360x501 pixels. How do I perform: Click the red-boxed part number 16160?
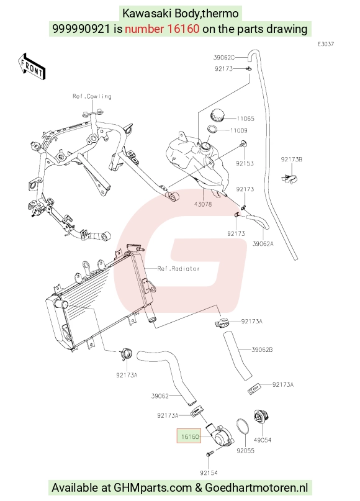click(x=189, y=436)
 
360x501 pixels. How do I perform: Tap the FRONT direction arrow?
click(x=31, y=66)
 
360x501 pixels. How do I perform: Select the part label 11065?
click(x=245, y=119)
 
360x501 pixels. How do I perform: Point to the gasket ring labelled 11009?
click(x=212, y=129)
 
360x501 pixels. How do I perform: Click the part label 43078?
click(x=203, y=204)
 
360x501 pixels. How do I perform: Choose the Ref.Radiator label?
click(x=179, y=269)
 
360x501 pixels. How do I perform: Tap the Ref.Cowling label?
click(x=92, y=96)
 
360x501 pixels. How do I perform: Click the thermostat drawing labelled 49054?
click(x=261, y=419)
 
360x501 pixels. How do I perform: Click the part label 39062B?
click(x=262, y=350)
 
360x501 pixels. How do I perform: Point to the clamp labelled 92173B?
click(x=290, y=179)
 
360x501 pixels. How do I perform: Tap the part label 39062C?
click(x=224, y=58)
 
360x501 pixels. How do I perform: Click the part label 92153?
click(x=245, y=164)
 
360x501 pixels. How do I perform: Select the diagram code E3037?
click(x=326, y=44)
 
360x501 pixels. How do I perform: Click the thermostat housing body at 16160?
click(x=220, y=434)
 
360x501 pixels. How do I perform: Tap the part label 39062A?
click(x=263, y=244)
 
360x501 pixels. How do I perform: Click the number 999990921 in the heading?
click(x=81, y=29)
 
